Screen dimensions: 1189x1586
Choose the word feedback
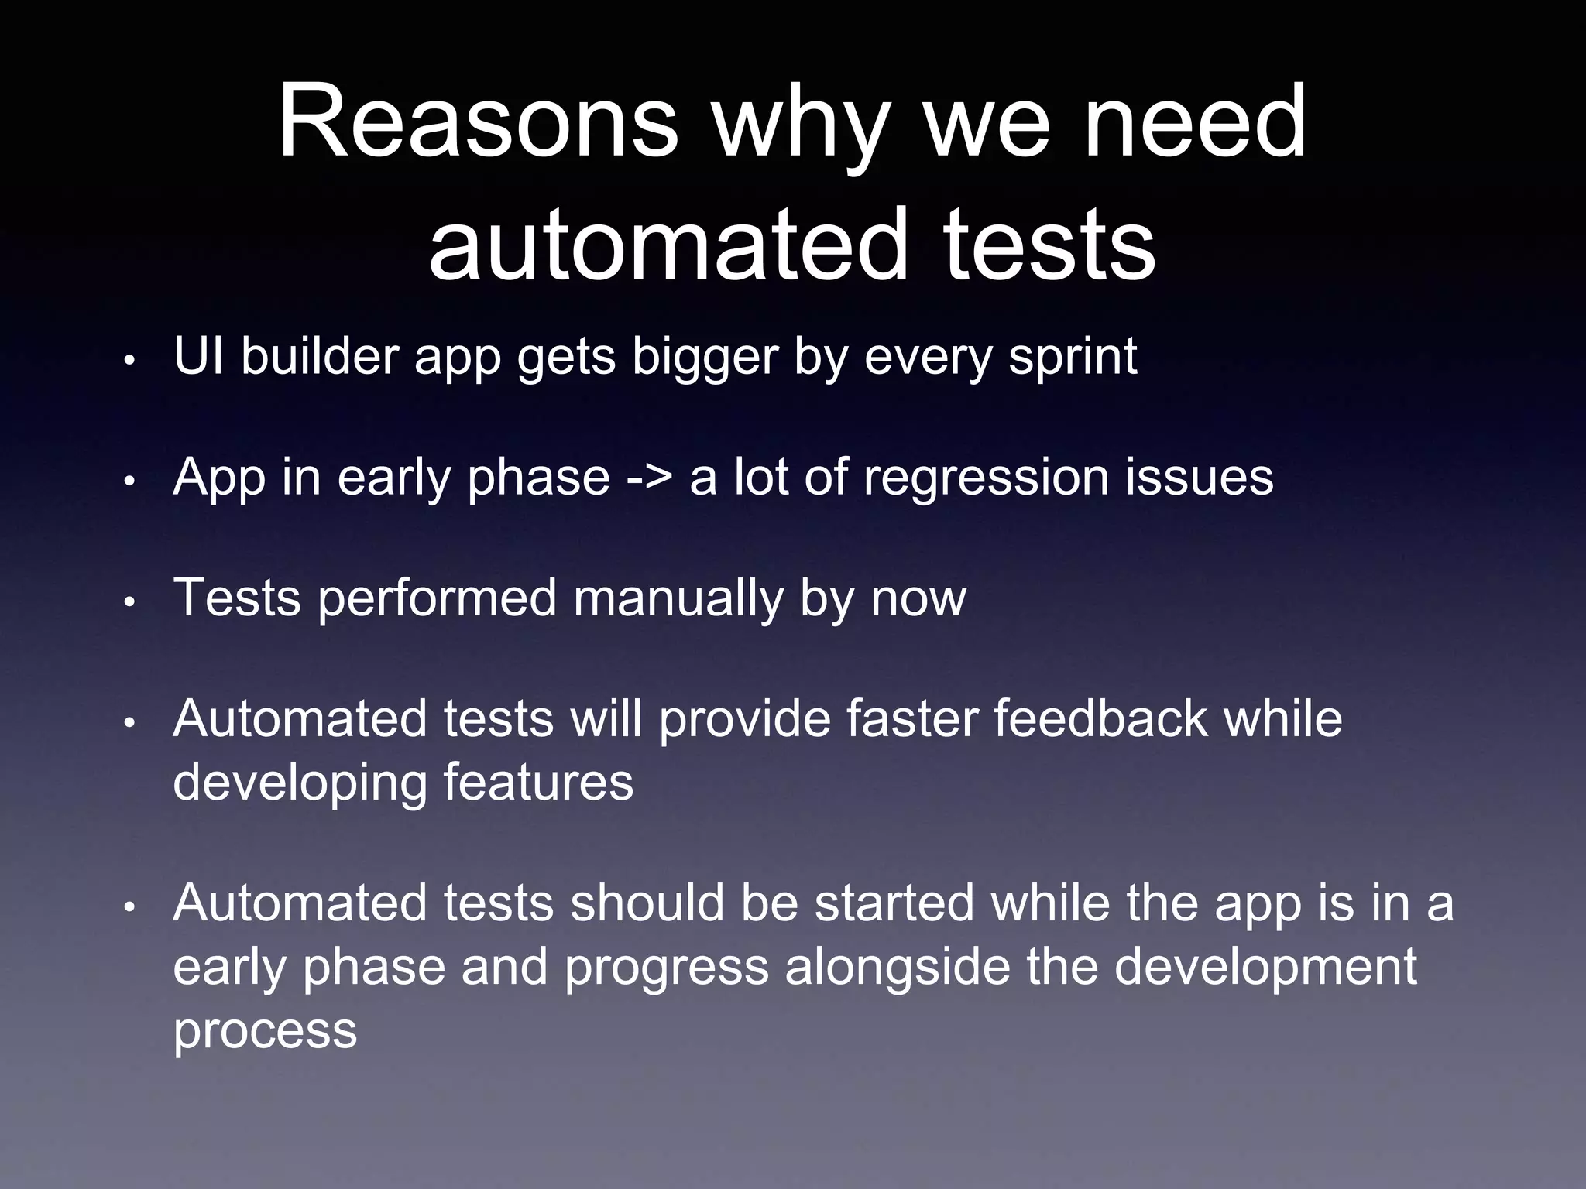click(1100, 718)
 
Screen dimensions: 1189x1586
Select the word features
click(538, 782)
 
